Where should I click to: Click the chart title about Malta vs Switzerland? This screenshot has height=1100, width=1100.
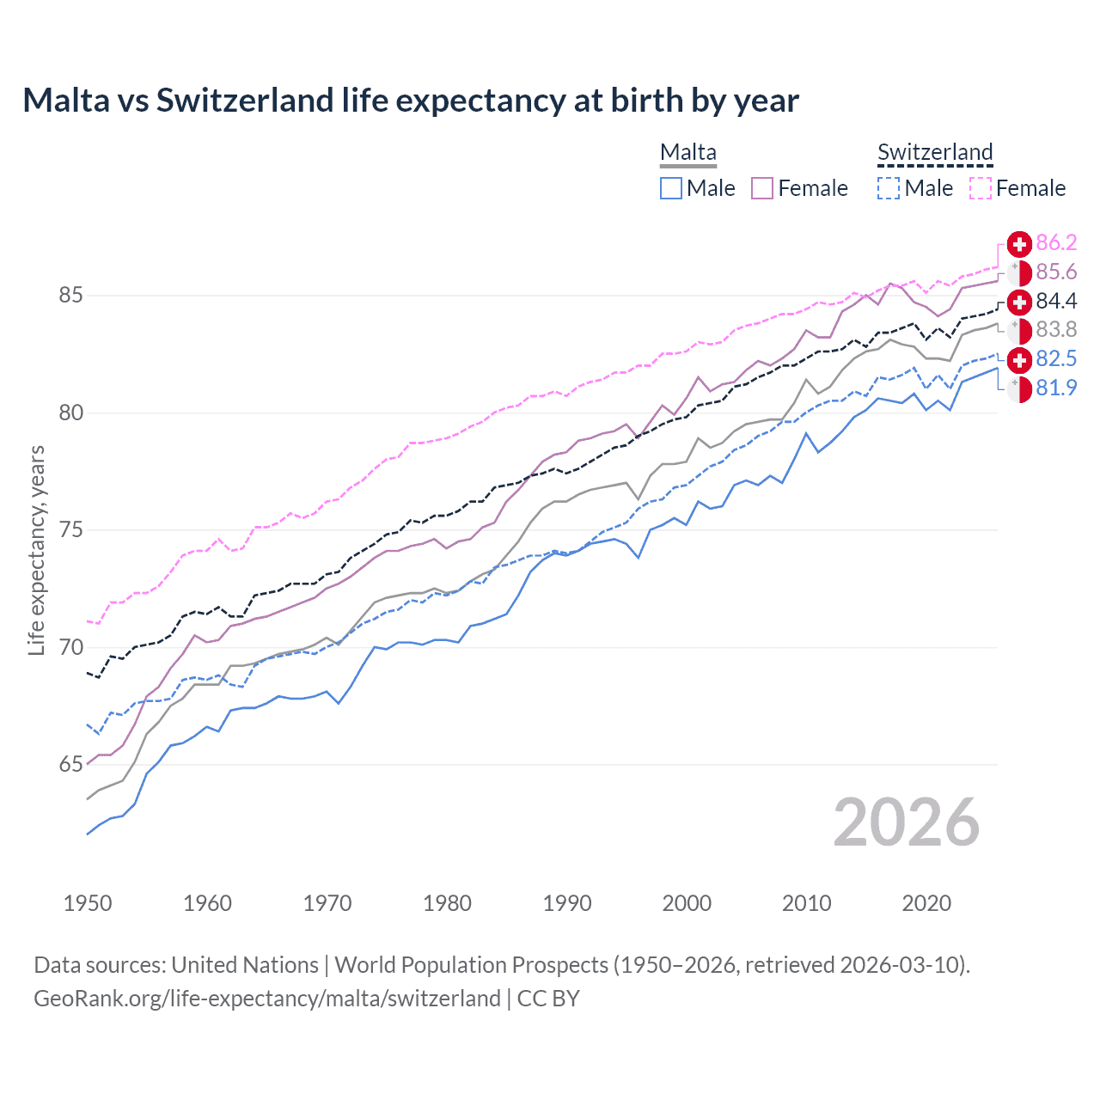point(411,101)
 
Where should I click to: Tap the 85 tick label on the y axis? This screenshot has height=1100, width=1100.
point(70,296)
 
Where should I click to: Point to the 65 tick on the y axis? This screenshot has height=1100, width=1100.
point(70,765)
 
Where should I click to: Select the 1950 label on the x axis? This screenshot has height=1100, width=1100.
point(88,903)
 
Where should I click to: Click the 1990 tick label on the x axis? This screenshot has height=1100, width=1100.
point(567,903)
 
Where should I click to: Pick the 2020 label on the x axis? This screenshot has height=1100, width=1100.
point(926,903)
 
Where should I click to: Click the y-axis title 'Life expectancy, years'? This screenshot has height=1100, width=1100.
point(36,550)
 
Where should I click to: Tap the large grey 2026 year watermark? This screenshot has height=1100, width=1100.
point(907,822)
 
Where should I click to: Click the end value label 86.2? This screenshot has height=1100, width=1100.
point(1056,243)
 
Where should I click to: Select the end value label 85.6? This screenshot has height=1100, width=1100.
point(1056,272)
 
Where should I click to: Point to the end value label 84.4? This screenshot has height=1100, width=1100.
point(1056,301)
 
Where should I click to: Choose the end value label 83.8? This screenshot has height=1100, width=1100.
point(1056,330)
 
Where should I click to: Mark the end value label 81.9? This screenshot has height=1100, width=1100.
point(1056,388)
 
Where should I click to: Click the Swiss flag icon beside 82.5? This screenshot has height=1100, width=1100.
point(1019,359)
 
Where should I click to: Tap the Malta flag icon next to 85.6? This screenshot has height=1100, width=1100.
point(1019,272)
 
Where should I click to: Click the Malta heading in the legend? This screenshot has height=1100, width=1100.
point(688,153)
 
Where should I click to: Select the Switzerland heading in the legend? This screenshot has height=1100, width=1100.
point(935,153)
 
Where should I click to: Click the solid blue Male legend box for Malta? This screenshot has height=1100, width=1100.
point(671,188)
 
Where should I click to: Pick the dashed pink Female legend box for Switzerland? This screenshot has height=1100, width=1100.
point(981,188)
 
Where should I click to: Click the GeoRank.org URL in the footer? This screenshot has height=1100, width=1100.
point(267,999)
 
